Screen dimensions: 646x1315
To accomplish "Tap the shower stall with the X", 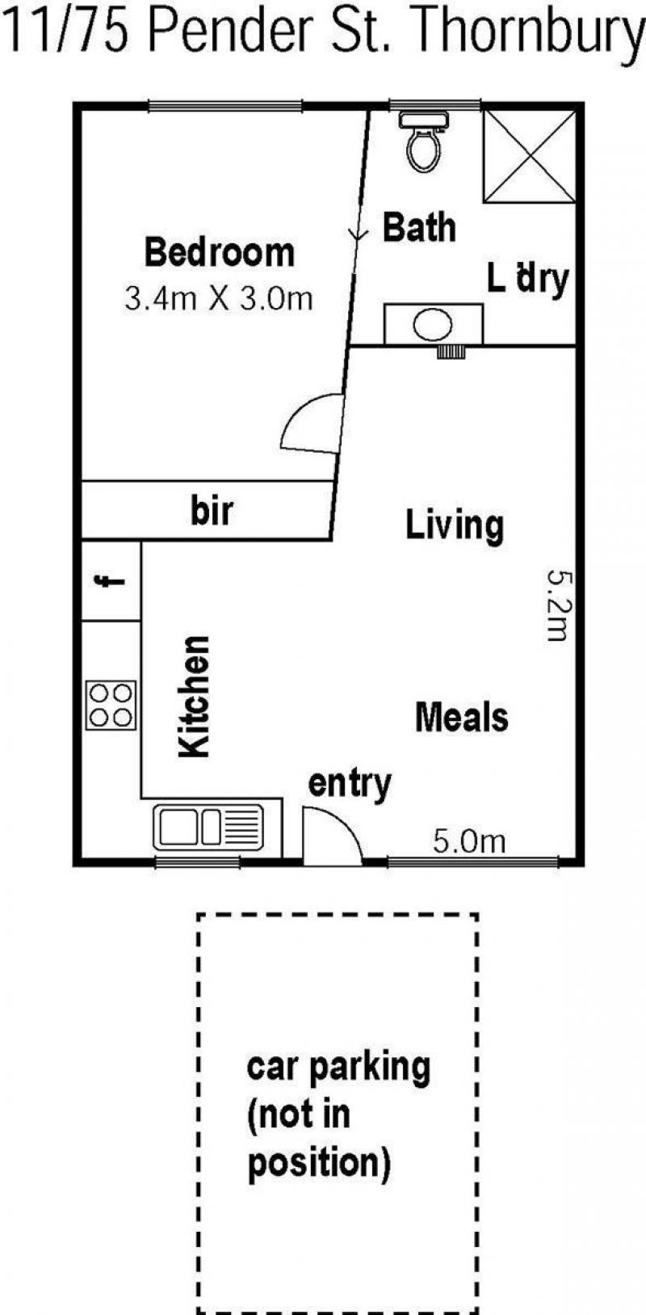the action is [x=529, y=157].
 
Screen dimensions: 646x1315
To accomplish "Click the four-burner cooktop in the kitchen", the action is [x=111, y=705].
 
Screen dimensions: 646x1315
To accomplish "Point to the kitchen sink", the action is [x=209, y=827].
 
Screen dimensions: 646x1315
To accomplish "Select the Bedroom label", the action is [x=220, y=252].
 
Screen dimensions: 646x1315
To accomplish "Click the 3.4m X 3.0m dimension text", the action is [x=218, y=298].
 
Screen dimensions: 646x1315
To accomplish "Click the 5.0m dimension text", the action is [x=469, y=841].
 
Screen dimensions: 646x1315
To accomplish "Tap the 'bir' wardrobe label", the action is [x=212, y=511].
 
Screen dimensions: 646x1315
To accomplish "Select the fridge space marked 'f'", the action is [x=111, y=581].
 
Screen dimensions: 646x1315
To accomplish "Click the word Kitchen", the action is [x=194, y=696].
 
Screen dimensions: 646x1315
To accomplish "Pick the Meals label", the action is [x=462, y=717].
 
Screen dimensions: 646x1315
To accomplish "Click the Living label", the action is [x=455, y=526].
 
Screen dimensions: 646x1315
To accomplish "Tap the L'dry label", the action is [x=528, y=280].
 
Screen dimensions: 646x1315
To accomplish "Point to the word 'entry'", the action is [x=350, y=784].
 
